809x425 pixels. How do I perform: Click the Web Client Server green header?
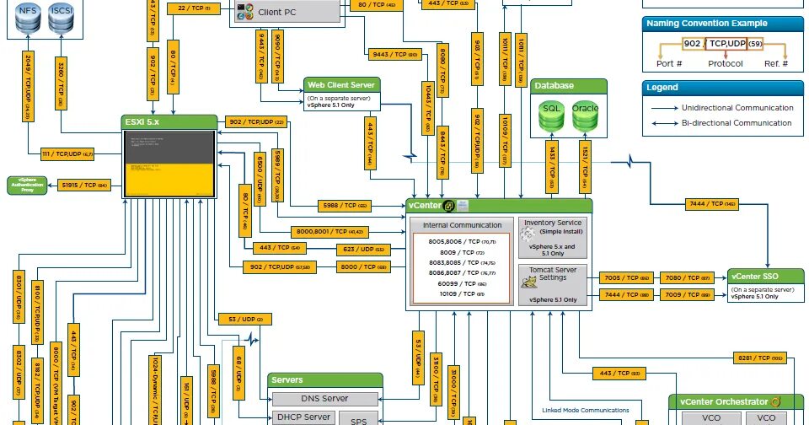pos(342,84)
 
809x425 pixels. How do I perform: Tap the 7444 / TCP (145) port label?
pos(706,204)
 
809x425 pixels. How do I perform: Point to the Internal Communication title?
pos(462,225)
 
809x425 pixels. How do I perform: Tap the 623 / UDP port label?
pos(362,250)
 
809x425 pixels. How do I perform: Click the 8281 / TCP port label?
pos(759,357)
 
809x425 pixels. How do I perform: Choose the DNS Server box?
pos(324,399)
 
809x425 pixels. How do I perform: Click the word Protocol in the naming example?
pos(725,64)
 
